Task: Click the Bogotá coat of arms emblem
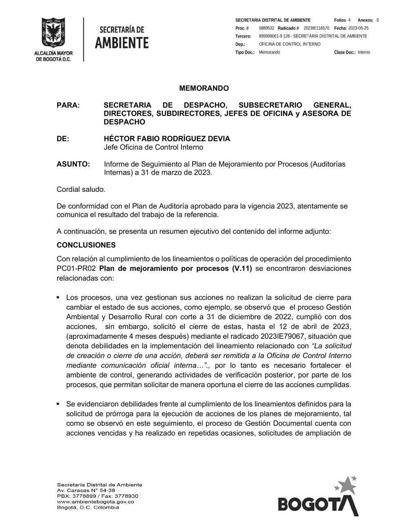point(52,33)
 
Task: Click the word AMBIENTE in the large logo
point(122,42)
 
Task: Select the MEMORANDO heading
point(204,88)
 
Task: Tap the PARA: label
point(68,105)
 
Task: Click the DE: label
point(63,139)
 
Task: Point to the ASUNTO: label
point(73,164)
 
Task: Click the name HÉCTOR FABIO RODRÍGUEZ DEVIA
point(167,139)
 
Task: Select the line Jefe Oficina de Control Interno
point(153,147)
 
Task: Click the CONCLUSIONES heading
point(86,245)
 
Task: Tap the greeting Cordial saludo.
point(81,189)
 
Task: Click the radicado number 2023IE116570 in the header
point(316,28)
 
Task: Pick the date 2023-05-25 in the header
point(358,28)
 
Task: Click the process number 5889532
point(266,28)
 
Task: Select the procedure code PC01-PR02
point(76,269)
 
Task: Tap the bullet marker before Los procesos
point(59,298)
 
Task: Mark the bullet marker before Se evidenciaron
point(59,404)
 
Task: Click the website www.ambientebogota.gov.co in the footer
point(95,502)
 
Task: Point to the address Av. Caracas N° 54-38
point(86,490)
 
